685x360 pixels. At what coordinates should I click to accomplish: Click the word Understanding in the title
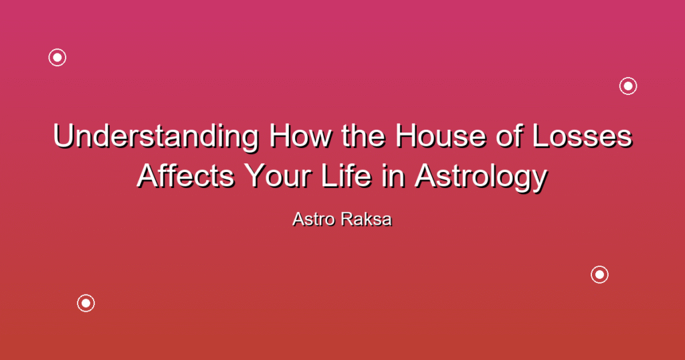pyautogui.click(x=156, y=137)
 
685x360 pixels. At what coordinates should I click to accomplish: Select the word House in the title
pyautogui.click(x=441, y=136)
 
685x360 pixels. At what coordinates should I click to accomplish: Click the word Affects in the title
pyautogui.click(x=186, y=176)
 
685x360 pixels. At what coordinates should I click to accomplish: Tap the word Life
pyautogui.click(x=346, y=176)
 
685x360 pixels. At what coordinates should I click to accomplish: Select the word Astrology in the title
pyautogui.click(x=481, y=178)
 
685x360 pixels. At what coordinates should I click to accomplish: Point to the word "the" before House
pyautogui.click(x=363, y=136)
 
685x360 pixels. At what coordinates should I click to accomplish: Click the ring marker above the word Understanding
pyautogui.click(x=58, y=50)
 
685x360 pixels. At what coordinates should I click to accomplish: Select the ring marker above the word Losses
pyautogui.click(x=628, y=78)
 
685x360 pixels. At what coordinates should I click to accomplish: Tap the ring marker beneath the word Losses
pyautogui.click(x=600, y=266)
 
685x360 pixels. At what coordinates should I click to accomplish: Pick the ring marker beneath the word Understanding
pyautogui.click(x=86, y=295)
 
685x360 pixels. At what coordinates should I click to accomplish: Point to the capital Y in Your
pyautogui.click(x=254, y=177)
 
